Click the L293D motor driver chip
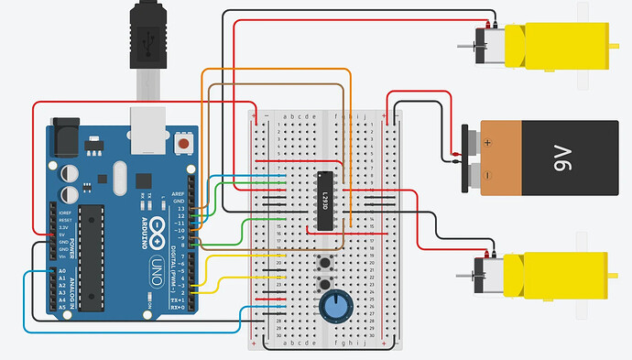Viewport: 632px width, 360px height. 323,199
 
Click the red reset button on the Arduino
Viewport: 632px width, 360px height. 185,143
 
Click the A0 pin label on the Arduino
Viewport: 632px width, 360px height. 62,272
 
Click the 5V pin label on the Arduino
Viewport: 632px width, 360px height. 62,235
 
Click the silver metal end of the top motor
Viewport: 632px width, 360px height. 482,41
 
